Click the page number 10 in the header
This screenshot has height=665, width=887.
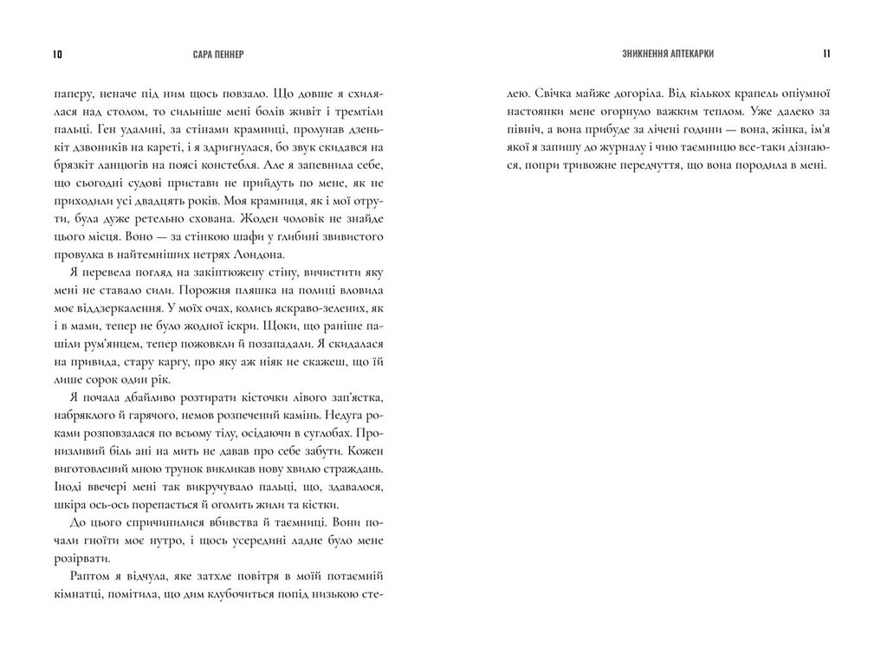click(x=58, y=54)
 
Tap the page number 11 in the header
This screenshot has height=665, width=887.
click(x=827, y=54)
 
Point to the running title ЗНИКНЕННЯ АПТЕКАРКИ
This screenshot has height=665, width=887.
click(x=664, y=54)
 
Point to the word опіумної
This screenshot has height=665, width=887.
click(x=801, y=91)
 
